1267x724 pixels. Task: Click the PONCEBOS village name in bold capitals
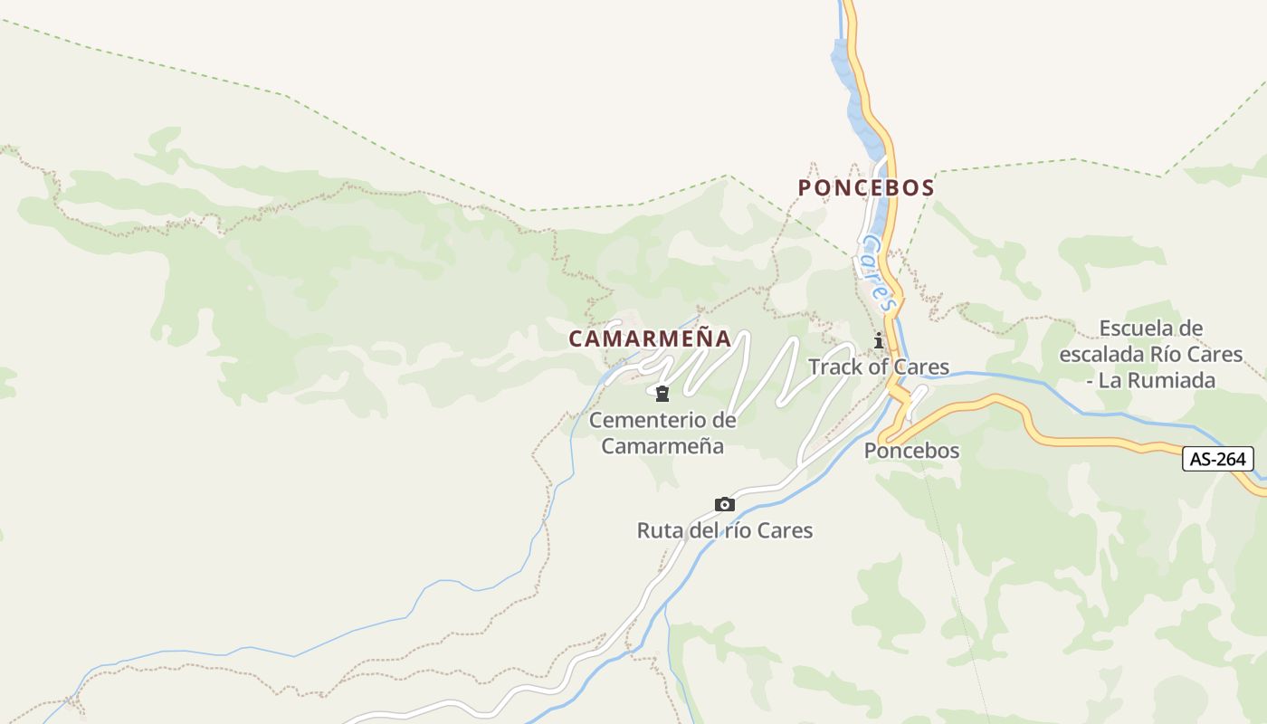click(x=865, y=187)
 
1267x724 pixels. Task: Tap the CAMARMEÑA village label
click(x=649, y=338)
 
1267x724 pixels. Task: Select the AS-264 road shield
click(x=1218, y=459)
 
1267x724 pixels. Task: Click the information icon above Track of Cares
click(x=878, y=341)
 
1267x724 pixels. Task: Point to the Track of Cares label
click(x=878, y=367)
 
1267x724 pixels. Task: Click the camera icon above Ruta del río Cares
click(x=724, y=504)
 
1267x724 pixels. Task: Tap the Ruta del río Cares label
click(x=724, y=530)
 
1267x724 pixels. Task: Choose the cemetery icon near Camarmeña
click(x=662, y=393)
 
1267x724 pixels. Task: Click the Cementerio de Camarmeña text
click(x=662, y=433)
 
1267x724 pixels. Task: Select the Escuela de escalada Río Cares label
click(x=1150, y=354)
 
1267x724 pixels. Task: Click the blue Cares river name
click(x=878, y=271)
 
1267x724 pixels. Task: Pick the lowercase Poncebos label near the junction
click(x=911, y=451)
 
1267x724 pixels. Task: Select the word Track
click(x=835, y=367)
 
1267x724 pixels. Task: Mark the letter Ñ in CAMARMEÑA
click(x=701, y=338)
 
